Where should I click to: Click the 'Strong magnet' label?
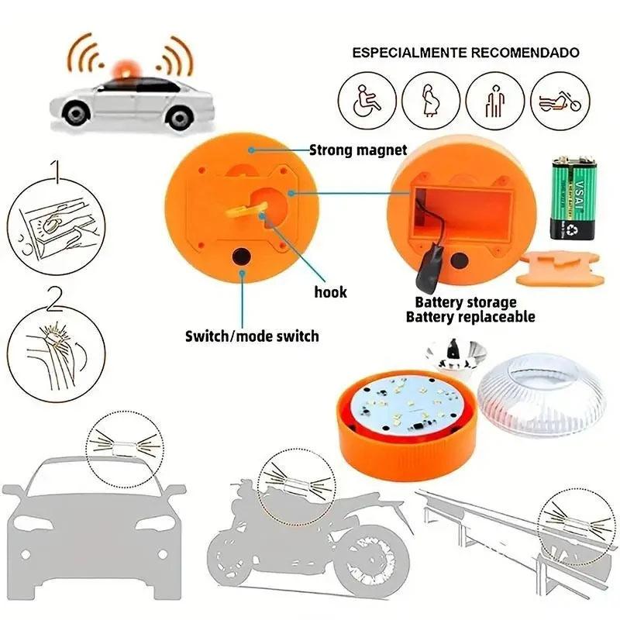point(358,150)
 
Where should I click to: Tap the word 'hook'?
point(331,292)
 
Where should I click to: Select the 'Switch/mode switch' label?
point(251,336)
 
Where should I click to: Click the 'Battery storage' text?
point(465,302)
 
